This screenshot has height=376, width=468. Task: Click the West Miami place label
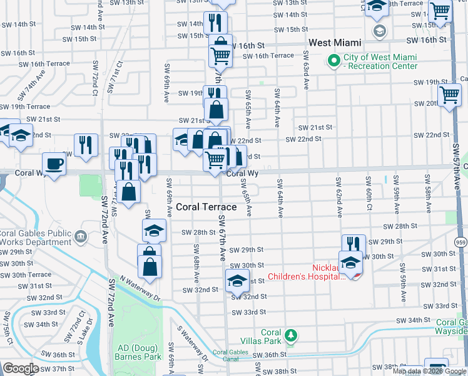click(x=335, y=43)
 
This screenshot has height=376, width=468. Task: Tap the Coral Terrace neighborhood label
click(x=206, y=207)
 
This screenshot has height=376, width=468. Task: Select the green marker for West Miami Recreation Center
click(x=333, y=61)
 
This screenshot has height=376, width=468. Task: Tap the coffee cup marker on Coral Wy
click(x=54, y=164)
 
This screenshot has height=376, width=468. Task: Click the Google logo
click(x=21, y=368)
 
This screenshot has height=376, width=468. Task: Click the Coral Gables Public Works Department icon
click(x=81, y=236)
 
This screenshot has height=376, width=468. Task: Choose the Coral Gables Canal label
click(x=230, y=356)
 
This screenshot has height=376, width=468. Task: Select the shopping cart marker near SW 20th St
click(x=449, y=96)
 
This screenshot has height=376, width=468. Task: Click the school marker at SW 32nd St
click(x=237, y=281)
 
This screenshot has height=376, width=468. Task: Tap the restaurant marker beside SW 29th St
click(x=354, y=244)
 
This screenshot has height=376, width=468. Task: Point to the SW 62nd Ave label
click(x=338, y=197)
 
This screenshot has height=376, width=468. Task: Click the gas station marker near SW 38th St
click(x=435, y=367)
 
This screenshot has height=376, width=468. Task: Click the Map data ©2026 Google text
click(x=429, y=371)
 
